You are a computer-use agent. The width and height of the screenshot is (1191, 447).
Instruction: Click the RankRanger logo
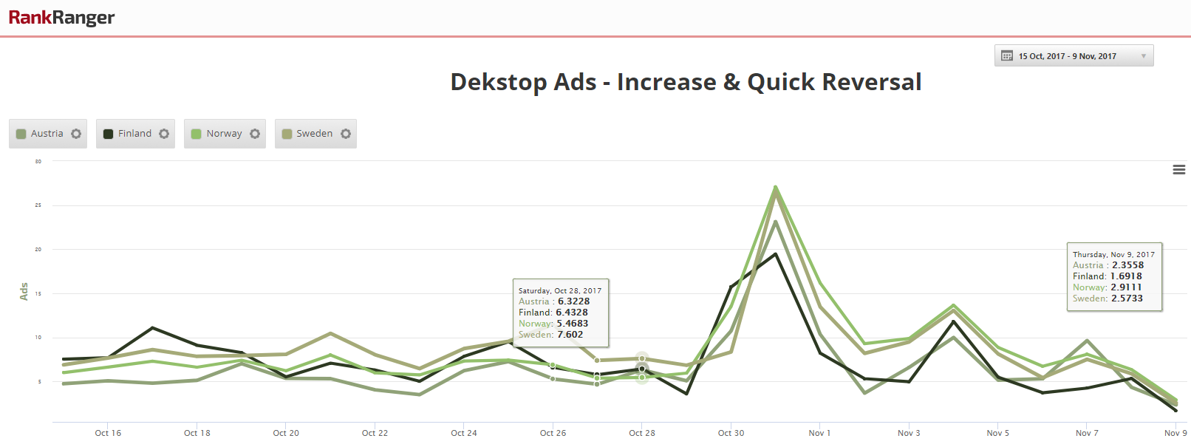pyautogui.click(x=61, y=17)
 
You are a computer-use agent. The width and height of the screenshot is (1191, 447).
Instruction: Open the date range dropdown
pyautogui.click(x=1074, y=56)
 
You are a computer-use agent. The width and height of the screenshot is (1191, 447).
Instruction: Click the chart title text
pyautogui.click(x=686, y=82)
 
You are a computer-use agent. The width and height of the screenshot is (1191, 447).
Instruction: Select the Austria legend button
pyautogui.click(x=47, y=134)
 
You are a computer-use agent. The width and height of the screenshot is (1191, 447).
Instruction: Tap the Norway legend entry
pyautogui.click(x=223, y=134)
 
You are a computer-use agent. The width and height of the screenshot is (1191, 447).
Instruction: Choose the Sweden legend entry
pyautogui.click(x=314, y=134)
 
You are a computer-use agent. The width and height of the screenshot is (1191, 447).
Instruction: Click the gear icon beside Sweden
pyautogui.click(x=346, y=134)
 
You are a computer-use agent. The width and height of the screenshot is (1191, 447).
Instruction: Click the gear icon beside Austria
pyautogui.click(x=76, y=134)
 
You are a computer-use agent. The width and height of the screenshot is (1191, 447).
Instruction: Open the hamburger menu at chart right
pyautogui.click(x=1179, y=170)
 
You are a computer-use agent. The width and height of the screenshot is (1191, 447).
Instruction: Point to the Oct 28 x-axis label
pyautogui.click(x=642, y=433)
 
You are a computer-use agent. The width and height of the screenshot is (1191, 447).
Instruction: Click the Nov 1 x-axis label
pyautogui.click(x=819, y=433)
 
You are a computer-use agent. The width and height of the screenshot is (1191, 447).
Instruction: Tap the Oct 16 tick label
pyautogui.click(x=108, y=433)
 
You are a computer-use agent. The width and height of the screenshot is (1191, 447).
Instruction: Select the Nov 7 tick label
pyautogui.click(x=1087, y=433)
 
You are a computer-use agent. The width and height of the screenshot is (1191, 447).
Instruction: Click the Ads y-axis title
pyautogui.click(x=24, y=291)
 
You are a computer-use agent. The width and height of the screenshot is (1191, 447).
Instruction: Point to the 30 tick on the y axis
pyautogui.click(x=38, y=161)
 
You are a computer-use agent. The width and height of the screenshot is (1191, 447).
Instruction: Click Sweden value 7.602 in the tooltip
pyautogui.click(x=570, y=335)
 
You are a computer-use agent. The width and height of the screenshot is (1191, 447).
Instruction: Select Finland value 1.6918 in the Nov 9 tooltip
pyautogui.click(x=1126, y=276)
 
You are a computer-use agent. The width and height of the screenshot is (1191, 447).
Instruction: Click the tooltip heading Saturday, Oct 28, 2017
pyautogui.click(x=560, y=291)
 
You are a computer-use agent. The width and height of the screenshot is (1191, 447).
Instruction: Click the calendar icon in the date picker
pyautogui.click(x=1007, y=56)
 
